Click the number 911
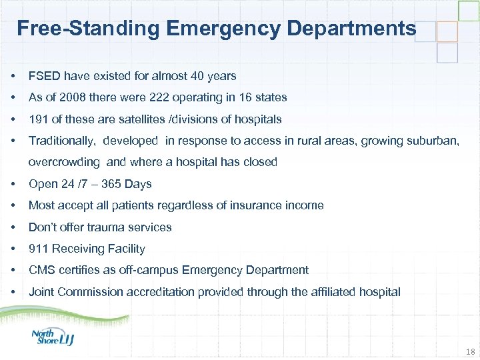coord(38,249)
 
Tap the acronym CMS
coord(41,270)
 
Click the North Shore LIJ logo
coord(53,337)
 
